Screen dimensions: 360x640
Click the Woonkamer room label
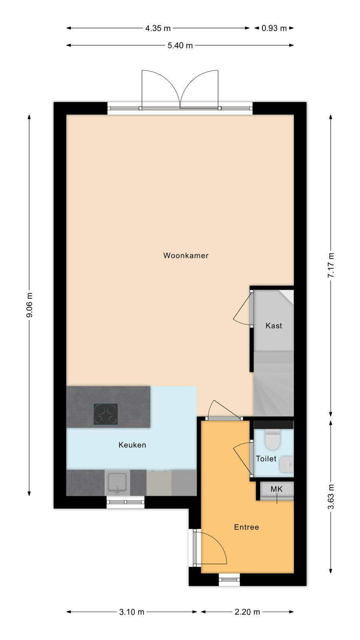(186, 256)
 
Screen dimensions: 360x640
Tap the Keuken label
(132, 445)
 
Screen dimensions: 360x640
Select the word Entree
(246, 527)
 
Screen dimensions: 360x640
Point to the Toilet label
(266, 458)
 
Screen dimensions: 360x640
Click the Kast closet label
(274, 326)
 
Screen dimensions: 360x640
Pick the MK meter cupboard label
(276, 489)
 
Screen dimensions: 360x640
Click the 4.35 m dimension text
(158, 28)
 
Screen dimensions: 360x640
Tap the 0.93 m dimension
(274, 28)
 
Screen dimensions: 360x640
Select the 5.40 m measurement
(180, 46)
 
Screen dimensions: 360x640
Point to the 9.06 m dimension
(30, 305)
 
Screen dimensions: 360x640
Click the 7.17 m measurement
(331, 266)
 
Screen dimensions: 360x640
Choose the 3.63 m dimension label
(331, 497)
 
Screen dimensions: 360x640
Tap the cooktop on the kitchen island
(106, 414)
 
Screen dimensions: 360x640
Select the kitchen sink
(117, 482)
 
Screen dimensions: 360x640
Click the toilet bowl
(272, 439)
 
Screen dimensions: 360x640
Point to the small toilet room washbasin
(286, 464)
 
